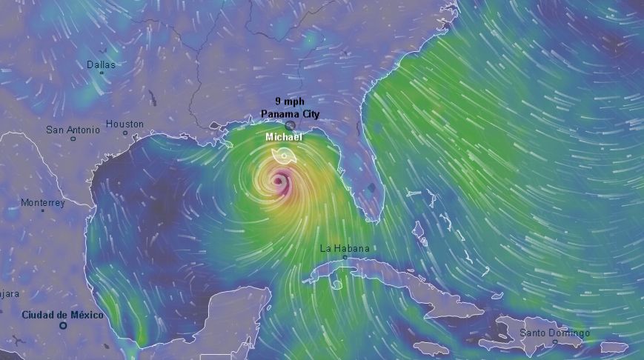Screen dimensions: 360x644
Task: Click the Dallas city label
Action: click(101, 65)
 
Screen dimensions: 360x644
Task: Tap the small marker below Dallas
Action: click(101, 74)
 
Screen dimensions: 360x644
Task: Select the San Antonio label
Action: click(73, 130)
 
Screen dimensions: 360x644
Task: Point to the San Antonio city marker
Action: click(73, 139)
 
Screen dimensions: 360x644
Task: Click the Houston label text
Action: click(125, 124)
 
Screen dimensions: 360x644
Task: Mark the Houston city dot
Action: click(125, 133)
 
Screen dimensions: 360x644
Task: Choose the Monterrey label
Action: click(42, 202)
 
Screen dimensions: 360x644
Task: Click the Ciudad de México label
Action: click(62, 315)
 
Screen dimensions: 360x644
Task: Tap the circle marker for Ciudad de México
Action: click(63, 324)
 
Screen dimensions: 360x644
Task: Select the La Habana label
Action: click(344, 248)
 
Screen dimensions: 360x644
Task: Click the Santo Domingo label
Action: click(554, 333)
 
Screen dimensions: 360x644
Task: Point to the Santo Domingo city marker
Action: click(555, 341)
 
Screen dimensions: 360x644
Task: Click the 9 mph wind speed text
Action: click(289, 101)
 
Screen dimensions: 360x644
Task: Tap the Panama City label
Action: click(290, 113)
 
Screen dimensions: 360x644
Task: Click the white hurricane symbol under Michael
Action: click(282, 155)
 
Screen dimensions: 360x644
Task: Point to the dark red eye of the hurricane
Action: click(279, 180)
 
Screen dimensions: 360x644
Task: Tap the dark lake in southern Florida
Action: click(371, 187)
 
